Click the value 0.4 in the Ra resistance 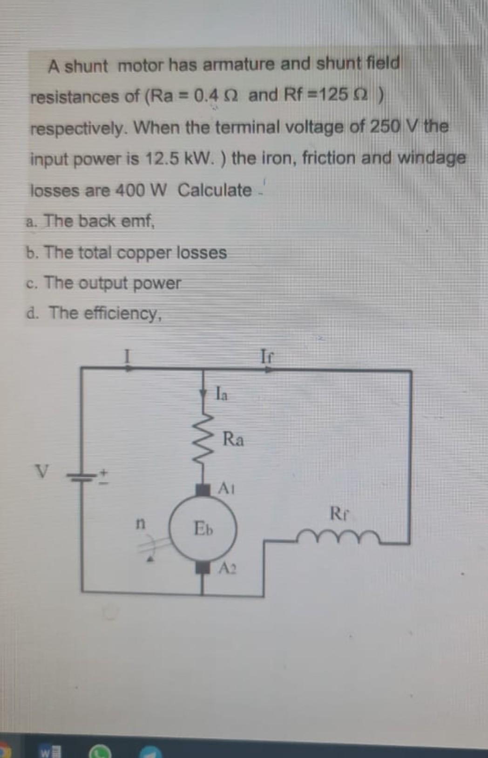(x=206, y=96)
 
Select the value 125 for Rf (x=333, y=95)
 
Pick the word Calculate (x=215, y=190)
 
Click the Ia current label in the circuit (x=222, y=394)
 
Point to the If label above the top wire (x=267, y=357)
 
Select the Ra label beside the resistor (x=233, y=439)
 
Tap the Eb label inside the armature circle (x=203, y=528)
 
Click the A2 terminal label (x=228, y=568)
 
